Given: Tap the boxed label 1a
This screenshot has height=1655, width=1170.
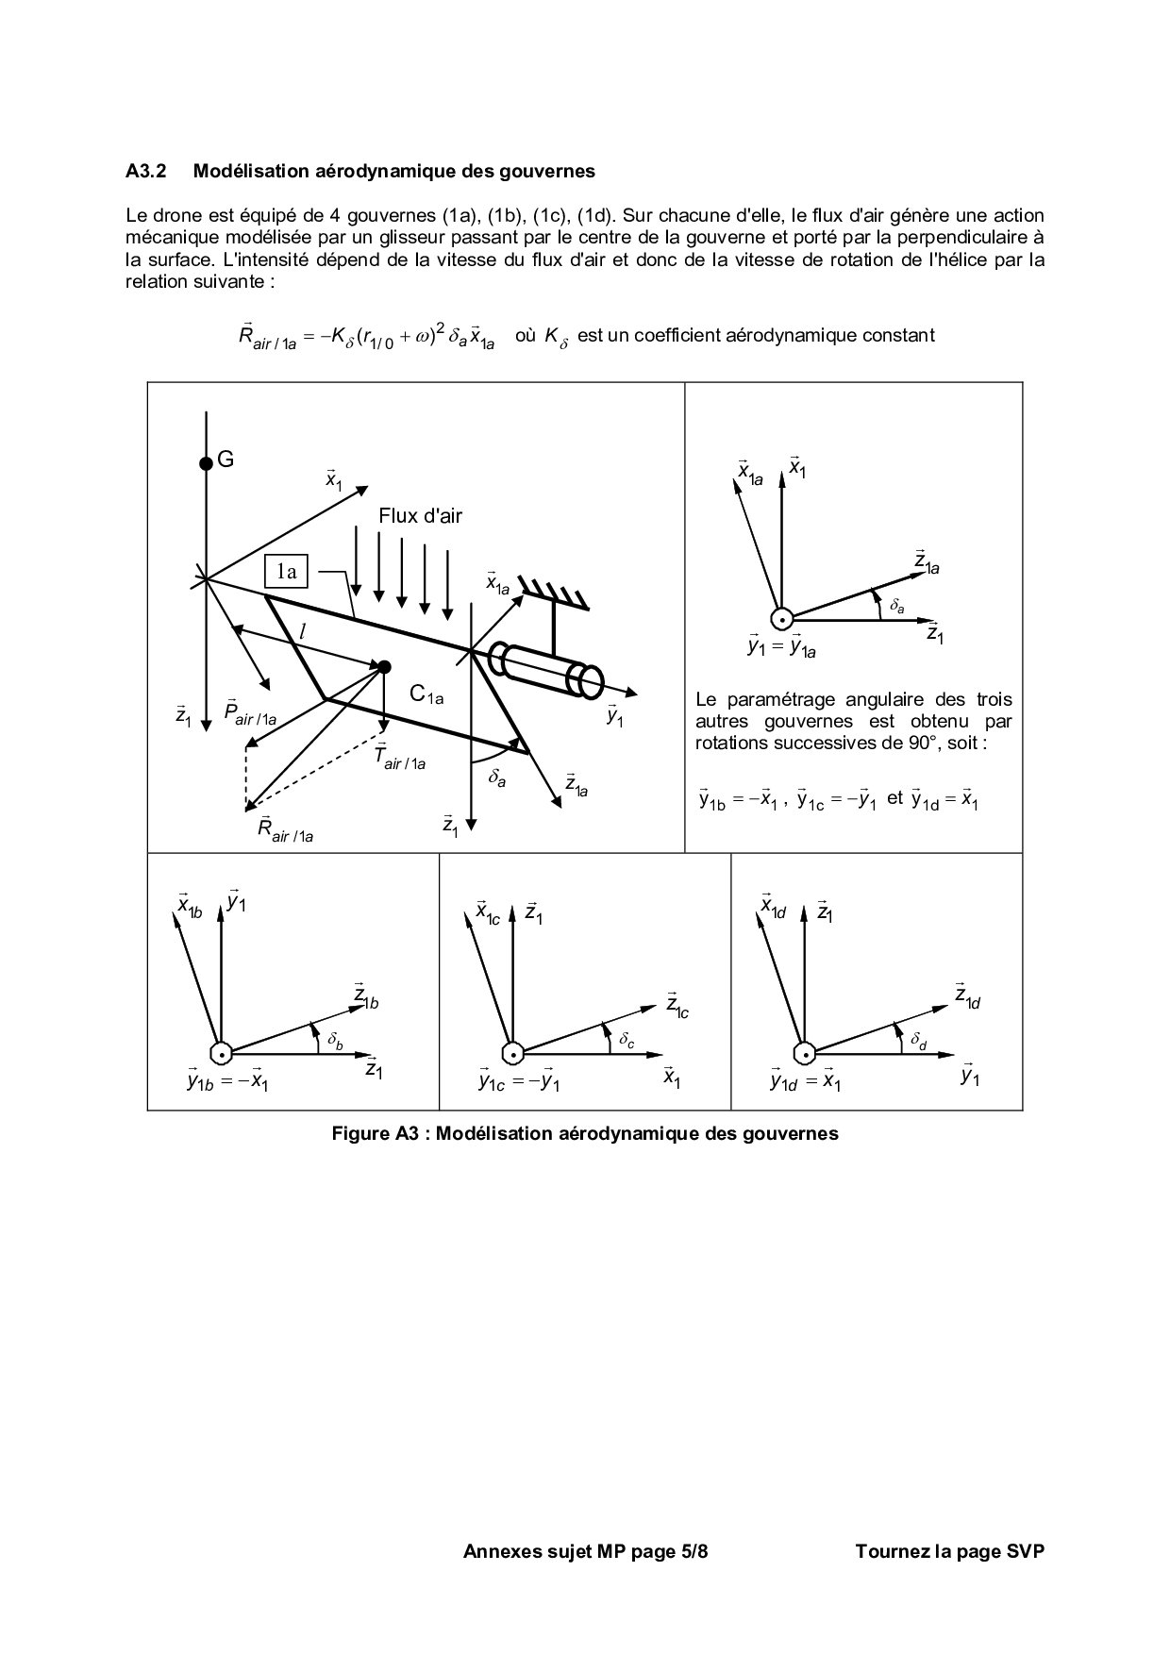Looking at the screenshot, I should [286, 571].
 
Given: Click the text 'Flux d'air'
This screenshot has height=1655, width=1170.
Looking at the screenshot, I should [421, 515].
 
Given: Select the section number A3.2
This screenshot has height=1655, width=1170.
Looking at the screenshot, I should [146, 171].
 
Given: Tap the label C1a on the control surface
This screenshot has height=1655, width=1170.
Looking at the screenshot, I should [426, 694].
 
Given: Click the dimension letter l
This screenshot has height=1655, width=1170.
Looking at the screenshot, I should [302, 632].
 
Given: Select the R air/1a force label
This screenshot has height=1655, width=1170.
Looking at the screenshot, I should [284, 828].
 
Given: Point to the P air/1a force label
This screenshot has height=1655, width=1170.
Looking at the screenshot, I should [250, 712].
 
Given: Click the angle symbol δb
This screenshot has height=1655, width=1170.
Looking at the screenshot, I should [336, 1041].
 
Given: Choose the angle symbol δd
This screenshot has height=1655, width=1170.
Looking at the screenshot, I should [919, 1041].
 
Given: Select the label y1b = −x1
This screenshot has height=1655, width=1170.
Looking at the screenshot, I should [227, 1081].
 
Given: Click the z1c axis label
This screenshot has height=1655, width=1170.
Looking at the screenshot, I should [677, 1006].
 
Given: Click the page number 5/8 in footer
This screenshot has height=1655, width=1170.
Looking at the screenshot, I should [694, 1550].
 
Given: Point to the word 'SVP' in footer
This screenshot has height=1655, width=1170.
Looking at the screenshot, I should [1026, 1550].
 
